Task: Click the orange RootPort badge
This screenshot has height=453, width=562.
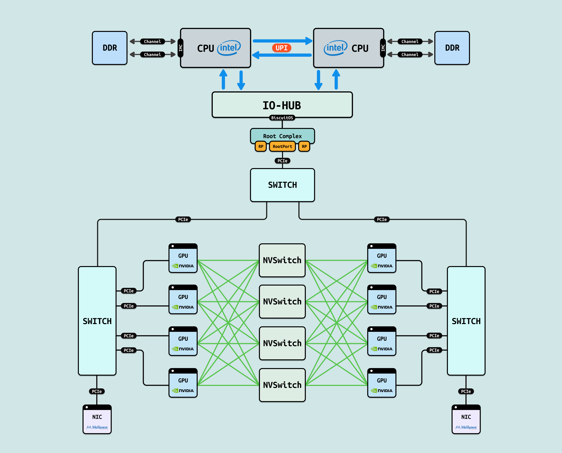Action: click(x=282, y=146)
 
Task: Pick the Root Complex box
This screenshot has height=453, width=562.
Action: click(x=282, y=136)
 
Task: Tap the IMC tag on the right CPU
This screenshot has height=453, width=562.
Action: click(x=383, y=48)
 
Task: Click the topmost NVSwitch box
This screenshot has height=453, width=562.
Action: click(x=282, y=260)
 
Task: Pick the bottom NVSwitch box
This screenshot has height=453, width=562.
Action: click(x=282, y=385)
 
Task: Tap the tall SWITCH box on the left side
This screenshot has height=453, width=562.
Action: click(x=97, y=321)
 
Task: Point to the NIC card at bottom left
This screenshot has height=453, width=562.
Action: click(x=97, y=419)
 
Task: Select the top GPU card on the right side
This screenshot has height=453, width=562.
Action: click(x=382, y=258)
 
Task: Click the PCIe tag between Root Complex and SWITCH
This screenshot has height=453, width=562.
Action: click(x=282, y=161)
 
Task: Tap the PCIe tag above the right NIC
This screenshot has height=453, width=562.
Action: click(x=466, y=391)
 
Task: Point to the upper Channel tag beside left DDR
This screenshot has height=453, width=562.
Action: click(x=153, y=41)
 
